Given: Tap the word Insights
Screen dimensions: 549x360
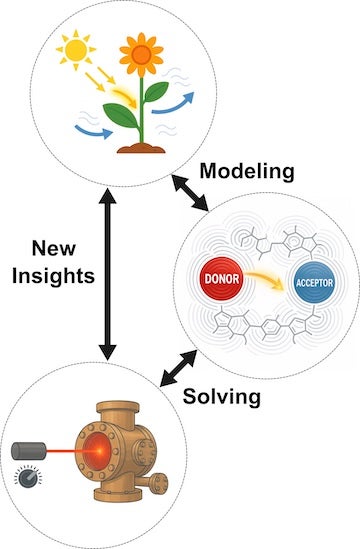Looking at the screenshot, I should point(56,276).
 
